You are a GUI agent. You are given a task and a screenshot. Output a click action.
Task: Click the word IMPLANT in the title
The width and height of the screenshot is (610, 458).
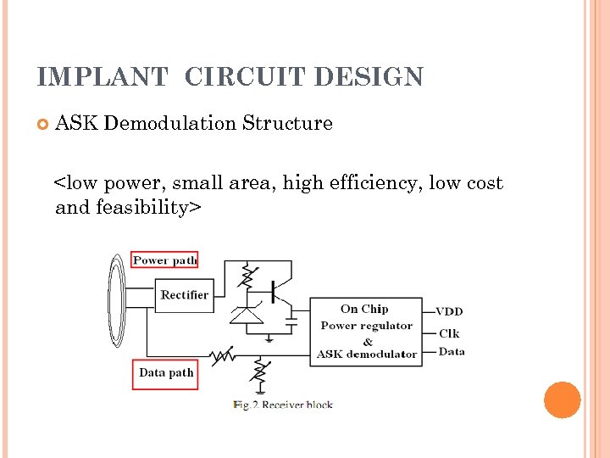102,77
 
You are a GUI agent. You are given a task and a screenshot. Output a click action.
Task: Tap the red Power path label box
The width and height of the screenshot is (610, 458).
165,260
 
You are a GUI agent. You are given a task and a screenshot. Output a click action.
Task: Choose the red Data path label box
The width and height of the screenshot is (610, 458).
166,372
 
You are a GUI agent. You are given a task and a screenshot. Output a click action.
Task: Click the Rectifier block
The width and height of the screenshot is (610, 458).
184,295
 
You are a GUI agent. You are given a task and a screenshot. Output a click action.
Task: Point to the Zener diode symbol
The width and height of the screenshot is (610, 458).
247,315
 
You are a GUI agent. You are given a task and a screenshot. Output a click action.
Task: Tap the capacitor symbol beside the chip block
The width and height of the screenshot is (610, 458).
291,323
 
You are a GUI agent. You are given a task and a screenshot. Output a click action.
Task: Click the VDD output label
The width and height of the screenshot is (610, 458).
449,311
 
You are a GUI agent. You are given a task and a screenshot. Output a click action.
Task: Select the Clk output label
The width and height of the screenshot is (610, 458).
449,332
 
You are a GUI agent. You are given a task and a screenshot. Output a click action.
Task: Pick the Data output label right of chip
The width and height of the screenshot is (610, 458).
452,351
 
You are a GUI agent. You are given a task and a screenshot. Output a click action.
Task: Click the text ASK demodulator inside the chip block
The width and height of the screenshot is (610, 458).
366,354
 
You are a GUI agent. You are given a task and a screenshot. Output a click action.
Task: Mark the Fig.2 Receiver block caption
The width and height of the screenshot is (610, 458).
283,405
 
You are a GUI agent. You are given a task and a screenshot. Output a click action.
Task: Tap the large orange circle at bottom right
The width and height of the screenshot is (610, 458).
562,399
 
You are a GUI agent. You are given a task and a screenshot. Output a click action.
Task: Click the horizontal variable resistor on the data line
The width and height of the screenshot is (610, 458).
222,354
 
